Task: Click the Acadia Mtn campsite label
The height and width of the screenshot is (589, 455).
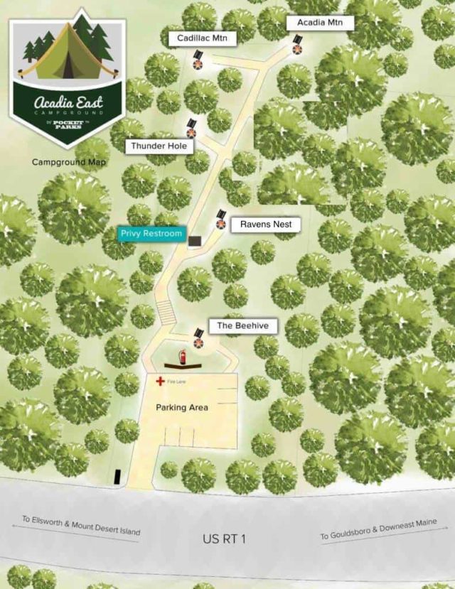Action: [x=319, y=23]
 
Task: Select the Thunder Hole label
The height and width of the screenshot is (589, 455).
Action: [x=159, y=146]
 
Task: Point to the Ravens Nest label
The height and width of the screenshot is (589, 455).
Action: [x=265, y=224]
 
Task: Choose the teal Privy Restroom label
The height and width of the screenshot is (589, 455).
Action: [x=151, y=234]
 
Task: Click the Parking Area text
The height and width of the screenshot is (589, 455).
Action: [x=182, y=408]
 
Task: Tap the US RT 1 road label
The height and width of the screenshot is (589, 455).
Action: [x=224, y=539]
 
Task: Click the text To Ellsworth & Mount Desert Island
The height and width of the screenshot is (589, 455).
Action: [x=80, y=525]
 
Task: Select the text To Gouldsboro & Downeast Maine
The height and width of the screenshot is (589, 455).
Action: [x=376, y=530]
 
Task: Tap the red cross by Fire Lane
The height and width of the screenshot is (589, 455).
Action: [x=161, y=382]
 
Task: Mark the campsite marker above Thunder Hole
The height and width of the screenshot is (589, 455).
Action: [x=191, y=129]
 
